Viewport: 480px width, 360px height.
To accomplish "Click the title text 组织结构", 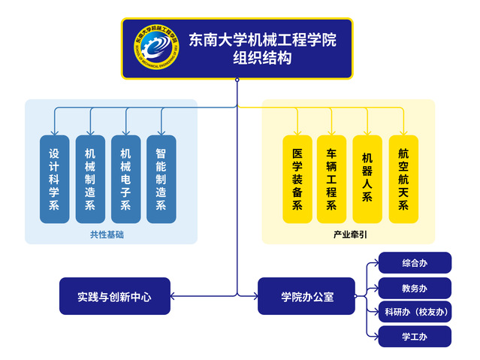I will click(x=261, y=59).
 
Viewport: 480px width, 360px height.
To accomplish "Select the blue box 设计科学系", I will click(x=54, y=179).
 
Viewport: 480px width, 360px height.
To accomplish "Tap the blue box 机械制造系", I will click(x=90, y=179).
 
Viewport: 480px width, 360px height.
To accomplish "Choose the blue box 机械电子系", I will click(x=125, y=179).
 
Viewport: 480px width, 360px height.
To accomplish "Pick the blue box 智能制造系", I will click(x=161, y=179).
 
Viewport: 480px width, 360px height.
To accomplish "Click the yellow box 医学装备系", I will click(x=297, y=179).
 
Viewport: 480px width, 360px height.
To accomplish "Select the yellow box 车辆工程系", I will click(x=331, y=179).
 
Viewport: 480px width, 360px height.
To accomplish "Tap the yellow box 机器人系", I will click(x=367, y=179).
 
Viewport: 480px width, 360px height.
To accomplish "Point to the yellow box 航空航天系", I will click(x=403, y=179).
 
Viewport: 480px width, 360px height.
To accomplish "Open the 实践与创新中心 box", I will click(x=114, y=296).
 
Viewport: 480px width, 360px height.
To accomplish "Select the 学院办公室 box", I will click(x=307, y=296).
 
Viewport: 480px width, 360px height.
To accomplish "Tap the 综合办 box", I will click(x=415, y=263).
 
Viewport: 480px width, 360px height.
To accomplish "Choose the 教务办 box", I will click(x=415, y=288).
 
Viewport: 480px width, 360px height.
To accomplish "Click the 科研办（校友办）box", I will click(x=415, y=312).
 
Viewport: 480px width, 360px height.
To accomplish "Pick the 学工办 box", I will click(x=415, y=337).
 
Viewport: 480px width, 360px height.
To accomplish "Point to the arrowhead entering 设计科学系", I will click(x=54, y=132).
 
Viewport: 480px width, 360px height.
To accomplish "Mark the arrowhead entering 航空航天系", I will click(x=403, y=132).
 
